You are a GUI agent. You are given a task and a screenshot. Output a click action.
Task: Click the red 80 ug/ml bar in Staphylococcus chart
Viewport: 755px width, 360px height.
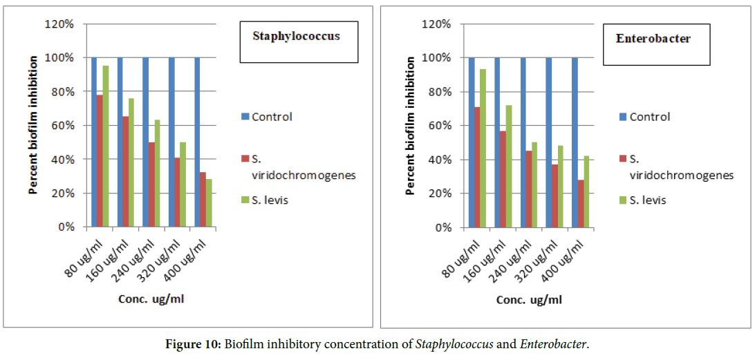(100, 160)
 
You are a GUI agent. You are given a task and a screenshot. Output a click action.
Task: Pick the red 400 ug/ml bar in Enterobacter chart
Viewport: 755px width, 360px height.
(579, 203)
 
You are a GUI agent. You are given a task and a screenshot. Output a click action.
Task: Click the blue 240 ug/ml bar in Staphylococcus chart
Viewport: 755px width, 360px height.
(146, 142)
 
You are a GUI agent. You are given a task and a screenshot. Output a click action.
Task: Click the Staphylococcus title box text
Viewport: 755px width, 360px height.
(296, 36)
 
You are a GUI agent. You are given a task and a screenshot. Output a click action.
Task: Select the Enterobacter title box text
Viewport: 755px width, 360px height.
(653, 38)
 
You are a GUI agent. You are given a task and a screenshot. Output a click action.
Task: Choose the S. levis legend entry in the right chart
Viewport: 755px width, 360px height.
(649, 200)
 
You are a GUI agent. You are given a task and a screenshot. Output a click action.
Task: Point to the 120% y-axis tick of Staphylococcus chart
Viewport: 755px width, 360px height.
(59, 24)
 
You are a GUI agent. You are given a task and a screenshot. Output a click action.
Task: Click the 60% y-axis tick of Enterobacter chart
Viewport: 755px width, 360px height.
(438, 126)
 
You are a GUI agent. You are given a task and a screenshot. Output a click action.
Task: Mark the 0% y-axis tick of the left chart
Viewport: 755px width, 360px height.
(65, 227)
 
